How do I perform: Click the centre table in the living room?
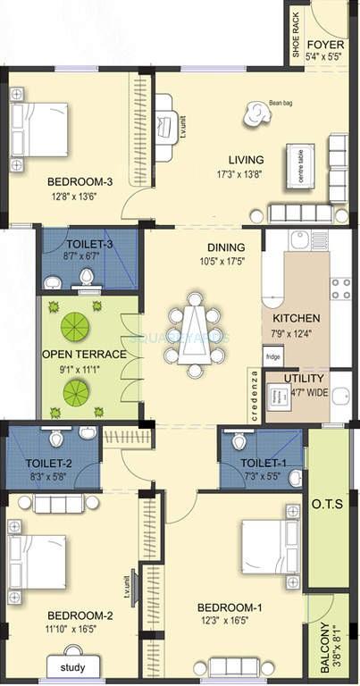pos(300,164)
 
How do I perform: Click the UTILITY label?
pos(305,378)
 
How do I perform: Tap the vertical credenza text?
pos(254,395)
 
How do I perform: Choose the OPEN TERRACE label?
pos(85,354)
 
